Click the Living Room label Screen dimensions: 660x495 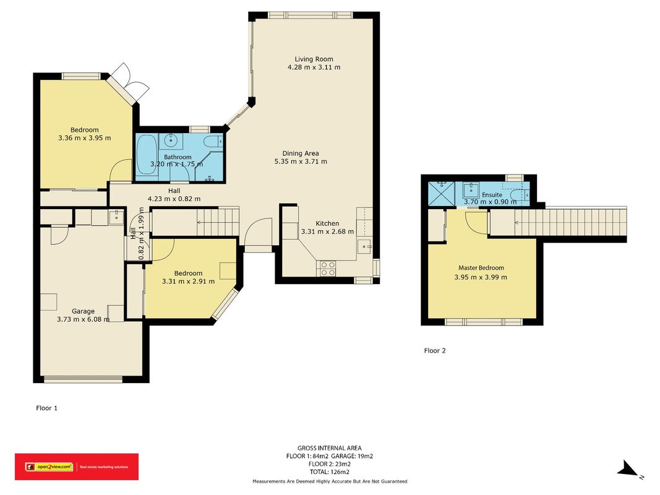[314, 59]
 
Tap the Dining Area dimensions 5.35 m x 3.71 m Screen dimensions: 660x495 [301, 161]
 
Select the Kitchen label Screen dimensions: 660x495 [327, 223]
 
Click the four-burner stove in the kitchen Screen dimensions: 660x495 [328, 269]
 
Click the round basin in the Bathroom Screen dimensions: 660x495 [171, 139]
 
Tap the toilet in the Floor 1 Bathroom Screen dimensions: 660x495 [214, 142]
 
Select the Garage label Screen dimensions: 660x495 [83, 311]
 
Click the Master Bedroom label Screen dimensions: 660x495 [481, 268]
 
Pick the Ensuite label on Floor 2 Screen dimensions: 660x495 [492, 195]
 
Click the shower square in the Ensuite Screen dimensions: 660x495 [442, 194]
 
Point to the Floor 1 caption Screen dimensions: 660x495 [47, 408]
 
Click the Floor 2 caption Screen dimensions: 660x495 [435, 351]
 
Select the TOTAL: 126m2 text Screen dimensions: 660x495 [330, 472]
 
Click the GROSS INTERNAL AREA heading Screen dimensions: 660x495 [330, 448]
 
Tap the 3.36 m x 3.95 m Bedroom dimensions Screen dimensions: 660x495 [85, 137]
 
